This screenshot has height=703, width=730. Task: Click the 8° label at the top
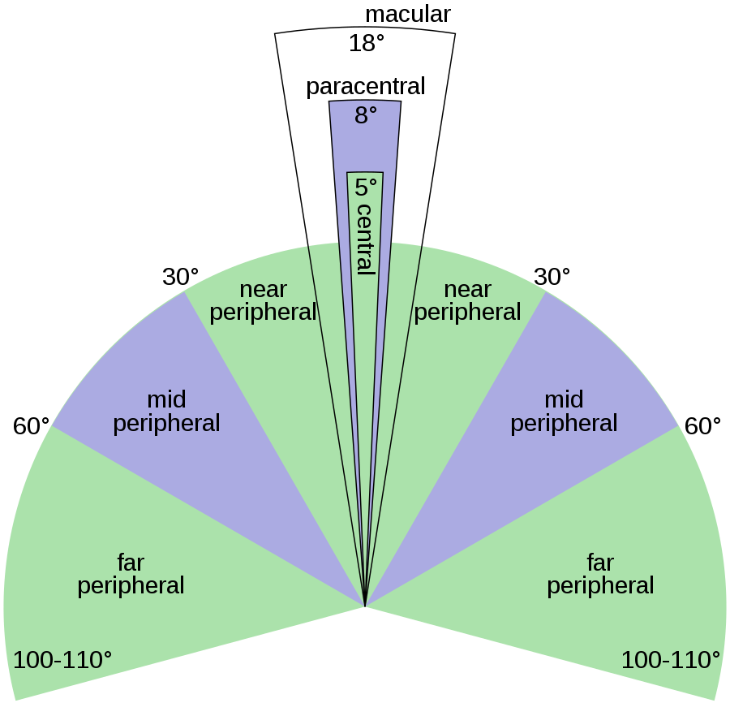tap(366, 116)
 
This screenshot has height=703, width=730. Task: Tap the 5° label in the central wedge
tap(366, 188)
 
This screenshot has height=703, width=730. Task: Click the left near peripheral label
tap(263, 301)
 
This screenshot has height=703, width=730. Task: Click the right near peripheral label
tap(467, 301)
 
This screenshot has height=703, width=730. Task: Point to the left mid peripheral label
tap(166, 412)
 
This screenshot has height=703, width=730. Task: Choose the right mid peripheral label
tap(564, 412)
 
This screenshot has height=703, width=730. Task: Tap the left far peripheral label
tap(131, 574)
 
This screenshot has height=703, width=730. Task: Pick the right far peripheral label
tap(600, 574)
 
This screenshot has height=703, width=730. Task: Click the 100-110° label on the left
tap(62, 660)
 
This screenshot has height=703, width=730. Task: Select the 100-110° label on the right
tap(671, 660)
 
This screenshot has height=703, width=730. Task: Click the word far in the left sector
tap(131, 562)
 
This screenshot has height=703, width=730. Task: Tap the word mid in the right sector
tap(564, 399)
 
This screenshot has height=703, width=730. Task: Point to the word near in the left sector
tap(263, 290)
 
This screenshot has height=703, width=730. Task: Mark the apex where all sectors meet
tap(366, 606)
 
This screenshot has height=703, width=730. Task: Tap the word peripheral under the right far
tap(600, 586)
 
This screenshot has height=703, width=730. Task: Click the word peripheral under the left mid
tap(166, 424)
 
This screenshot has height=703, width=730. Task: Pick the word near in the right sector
tap(467, 290)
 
